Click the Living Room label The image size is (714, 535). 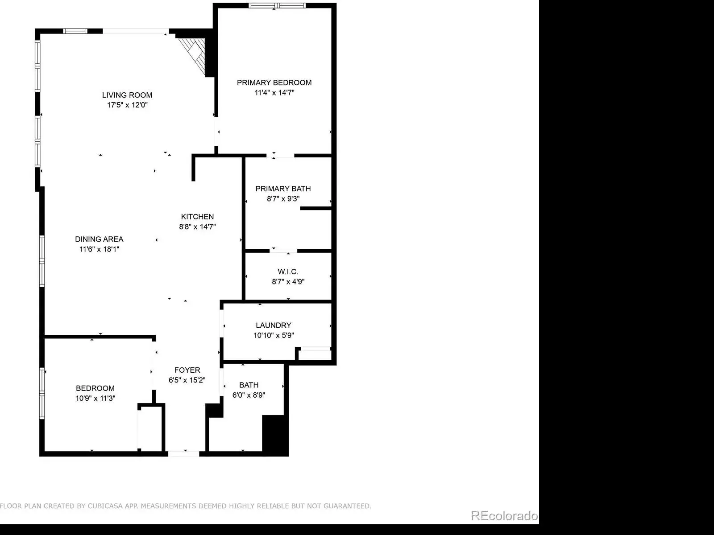(127, 95)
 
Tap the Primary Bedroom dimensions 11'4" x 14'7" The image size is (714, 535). (274, 93)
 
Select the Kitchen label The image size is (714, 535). (197, 217)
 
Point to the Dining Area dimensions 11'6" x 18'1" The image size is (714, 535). (100, 249)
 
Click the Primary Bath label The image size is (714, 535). (283, 189)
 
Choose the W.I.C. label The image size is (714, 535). (288, 272)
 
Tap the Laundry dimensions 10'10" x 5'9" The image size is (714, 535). (274, 335)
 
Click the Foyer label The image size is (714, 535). (187, 370)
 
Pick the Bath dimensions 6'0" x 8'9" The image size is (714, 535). (249, 395)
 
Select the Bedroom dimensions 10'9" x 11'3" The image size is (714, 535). (95, 398)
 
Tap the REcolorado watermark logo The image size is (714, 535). (505, 515)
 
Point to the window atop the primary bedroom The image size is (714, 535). (277, 5)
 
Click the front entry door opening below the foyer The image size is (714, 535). (184, 454)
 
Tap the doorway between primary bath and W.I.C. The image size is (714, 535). (283, 251)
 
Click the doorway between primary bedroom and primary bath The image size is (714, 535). (280, 156)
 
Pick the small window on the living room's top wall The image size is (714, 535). (75, 31)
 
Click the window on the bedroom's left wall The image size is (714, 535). (42, 393)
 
